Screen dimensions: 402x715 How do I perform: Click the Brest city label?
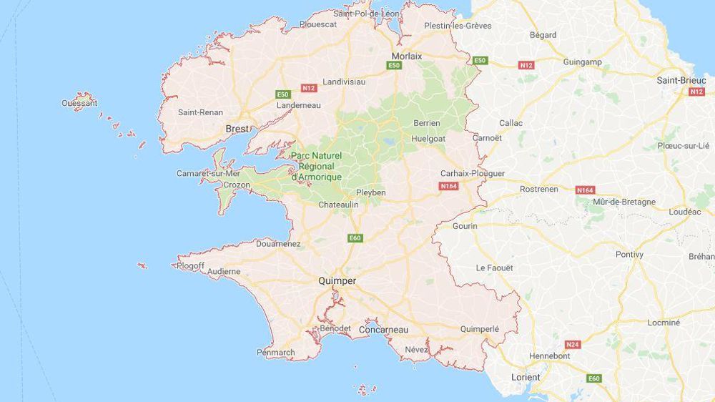pos(237,129)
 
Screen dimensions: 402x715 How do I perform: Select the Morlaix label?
pos(407,56)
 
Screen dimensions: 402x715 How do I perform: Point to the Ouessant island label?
pos(79,103)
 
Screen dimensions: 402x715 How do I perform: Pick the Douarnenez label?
pos(278,244)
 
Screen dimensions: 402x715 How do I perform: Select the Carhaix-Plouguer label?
pos(472,173)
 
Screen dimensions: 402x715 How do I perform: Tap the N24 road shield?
pos(572,344)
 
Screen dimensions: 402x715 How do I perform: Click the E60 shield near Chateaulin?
pos(355,237)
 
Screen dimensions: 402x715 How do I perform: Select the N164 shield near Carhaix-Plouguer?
pos(448,187)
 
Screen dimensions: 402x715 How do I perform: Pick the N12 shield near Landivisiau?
pos(308,88)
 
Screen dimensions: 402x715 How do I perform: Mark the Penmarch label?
pos(275,352)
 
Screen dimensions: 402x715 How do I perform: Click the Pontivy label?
pos(629,254)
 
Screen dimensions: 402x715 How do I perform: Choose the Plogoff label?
pos(190,266)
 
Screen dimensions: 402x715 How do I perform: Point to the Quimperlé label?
pos(479,329)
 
